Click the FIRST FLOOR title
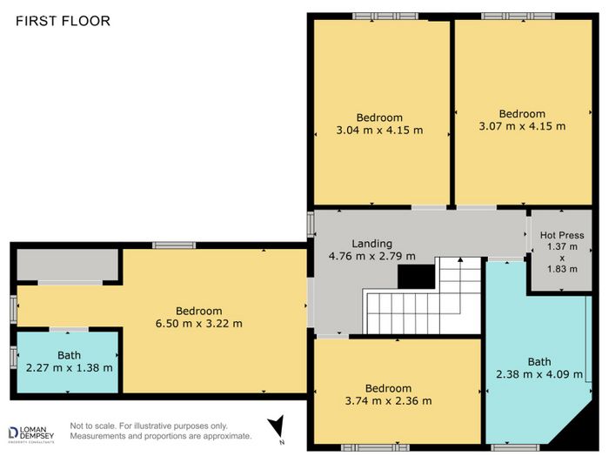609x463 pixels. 63,21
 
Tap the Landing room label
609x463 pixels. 371,244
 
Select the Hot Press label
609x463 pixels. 562,235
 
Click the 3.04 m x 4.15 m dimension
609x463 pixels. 379,131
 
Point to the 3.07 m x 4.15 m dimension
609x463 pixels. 522,126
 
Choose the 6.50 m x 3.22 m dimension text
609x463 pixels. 199,324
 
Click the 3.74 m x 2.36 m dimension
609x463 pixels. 388,401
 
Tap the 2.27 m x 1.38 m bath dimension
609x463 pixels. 69,367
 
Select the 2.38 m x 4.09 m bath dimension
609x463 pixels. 539,374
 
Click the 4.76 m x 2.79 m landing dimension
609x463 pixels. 371,257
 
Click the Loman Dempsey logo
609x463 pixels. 31,434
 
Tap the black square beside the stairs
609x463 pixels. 416,277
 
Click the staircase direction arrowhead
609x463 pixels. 460,259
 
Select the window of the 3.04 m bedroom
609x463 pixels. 385,17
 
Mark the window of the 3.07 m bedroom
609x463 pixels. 519,17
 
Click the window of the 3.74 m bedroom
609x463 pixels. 375,447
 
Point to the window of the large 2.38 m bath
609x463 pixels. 515,447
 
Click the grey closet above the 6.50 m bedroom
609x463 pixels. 67,264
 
